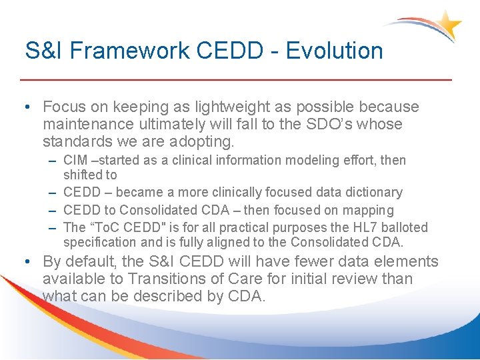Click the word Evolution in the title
click(x=335, y=51)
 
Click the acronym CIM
click(x=75, y=160)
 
